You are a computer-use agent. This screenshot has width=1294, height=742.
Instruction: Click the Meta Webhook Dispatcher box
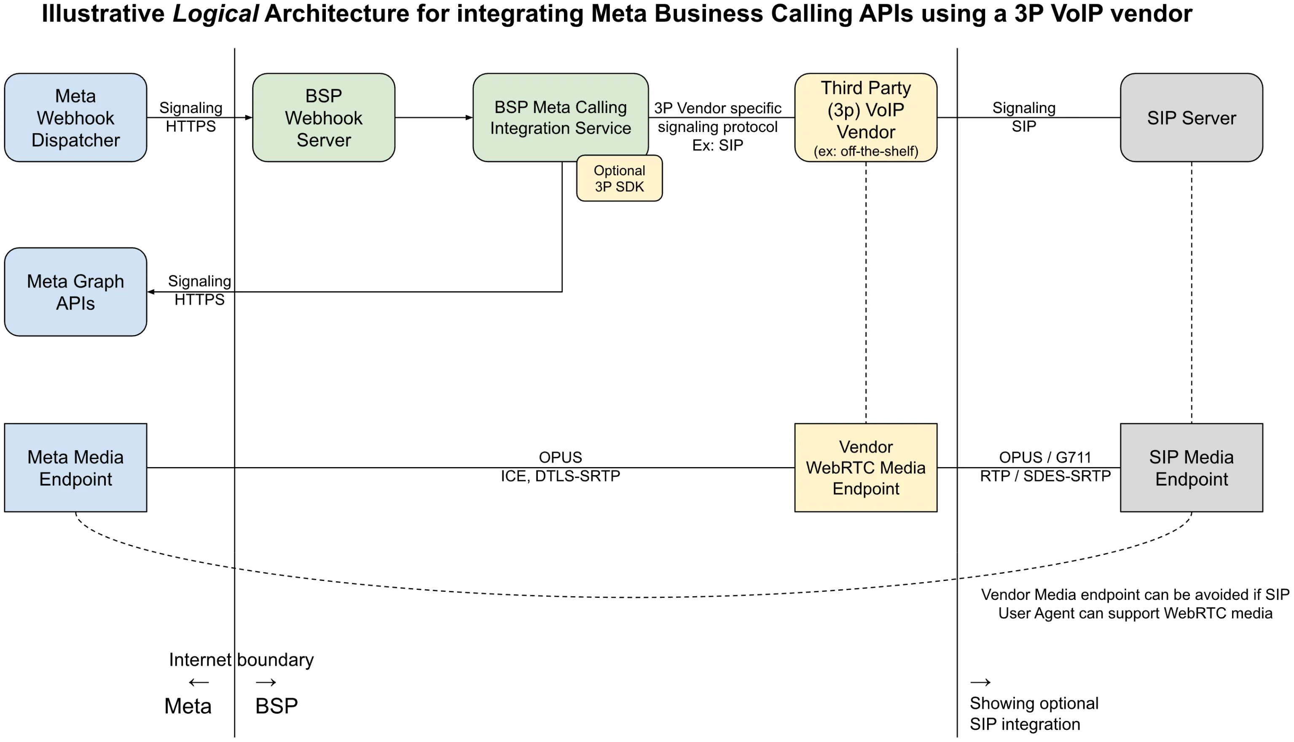tap(75, 118)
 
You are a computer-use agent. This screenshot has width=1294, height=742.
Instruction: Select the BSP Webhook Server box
tap(324, 118)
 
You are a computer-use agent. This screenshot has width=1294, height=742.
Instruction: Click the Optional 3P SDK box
tap(619, 178)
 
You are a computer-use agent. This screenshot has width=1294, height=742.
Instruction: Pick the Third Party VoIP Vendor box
tap(866, 118)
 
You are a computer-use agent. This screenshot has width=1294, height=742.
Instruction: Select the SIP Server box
tap(1191, 118)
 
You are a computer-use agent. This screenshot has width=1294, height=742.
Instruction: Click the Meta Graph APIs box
tap(75, 292)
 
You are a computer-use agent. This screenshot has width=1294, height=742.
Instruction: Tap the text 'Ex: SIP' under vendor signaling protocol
tap(717, 145)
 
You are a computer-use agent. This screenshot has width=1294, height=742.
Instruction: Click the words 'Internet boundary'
tap(241, 659)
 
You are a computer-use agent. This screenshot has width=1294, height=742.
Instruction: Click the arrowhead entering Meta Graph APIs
tap(151, 292)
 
